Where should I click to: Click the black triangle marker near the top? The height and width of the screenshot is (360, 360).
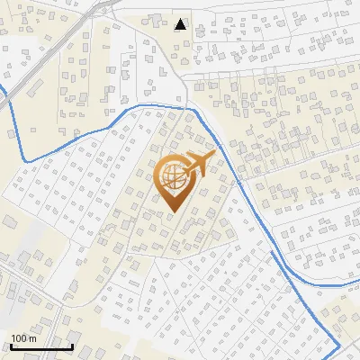point(181,24)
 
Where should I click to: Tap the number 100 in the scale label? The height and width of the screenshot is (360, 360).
point(19,338)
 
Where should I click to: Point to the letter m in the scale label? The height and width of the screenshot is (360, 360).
point(31,338)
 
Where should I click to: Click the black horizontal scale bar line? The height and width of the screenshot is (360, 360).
point(41,347)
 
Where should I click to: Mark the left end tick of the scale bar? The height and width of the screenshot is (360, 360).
point(11,346)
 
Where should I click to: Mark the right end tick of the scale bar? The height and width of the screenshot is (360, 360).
point(72,346)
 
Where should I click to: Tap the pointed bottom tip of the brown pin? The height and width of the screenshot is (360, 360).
point(173,212)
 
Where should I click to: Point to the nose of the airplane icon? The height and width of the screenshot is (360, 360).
point(214,154)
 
